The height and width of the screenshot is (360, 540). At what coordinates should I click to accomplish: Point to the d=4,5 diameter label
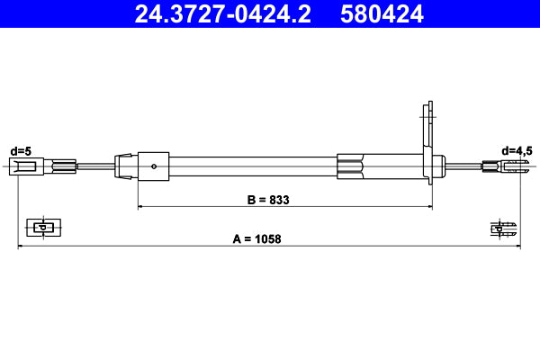pyautogui.click(x=517, y=150)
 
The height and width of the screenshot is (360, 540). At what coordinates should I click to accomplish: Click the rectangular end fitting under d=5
pyautogui.click(x=24, y=165)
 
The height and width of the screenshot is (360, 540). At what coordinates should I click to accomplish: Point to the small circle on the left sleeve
pyautogui.click(x=156, y=165)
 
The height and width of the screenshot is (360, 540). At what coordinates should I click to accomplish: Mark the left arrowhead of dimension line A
pyautogui.click(x=21, y=246)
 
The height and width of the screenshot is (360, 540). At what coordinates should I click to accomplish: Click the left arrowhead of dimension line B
pyautogui.click(x=140, y=207)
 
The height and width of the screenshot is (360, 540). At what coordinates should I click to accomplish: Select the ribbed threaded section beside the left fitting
pyautogui.click(x=62, y=165)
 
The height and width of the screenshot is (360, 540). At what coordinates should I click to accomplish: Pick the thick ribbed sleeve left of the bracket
pyautogui.click(x=352, y=166)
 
